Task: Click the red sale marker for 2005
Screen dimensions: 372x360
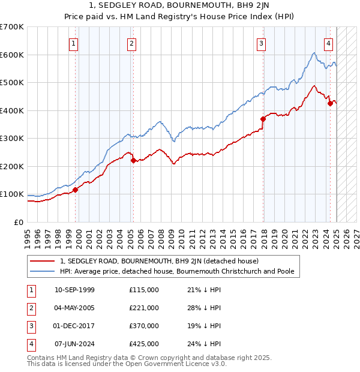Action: click(133, 160)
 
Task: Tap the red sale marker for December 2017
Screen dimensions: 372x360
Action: click(263, 119)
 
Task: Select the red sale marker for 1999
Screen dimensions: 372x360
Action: click(76, 190)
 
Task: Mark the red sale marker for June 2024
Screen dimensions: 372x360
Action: click(330, 104)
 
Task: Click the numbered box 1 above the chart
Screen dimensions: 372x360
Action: click(73, 43)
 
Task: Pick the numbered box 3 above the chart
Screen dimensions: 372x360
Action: click(262, 43)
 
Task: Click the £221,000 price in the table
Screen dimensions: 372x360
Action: click(144, 308)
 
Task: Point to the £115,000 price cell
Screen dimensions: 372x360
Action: click(144, 290)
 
